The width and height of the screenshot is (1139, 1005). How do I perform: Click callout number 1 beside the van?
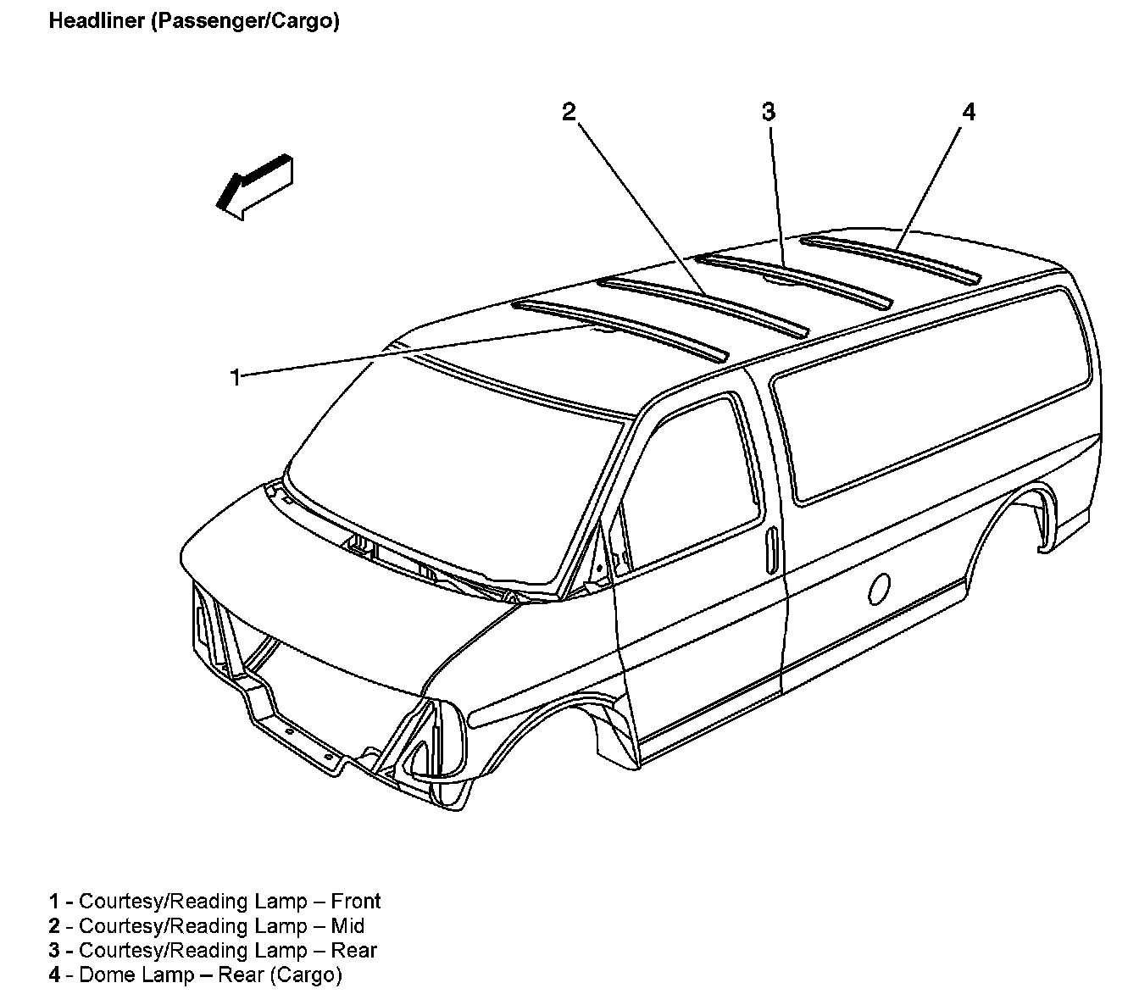[236, 376]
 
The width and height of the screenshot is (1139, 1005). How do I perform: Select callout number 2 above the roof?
[569, 112]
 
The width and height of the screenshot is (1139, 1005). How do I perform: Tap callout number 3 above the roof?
[768, 112]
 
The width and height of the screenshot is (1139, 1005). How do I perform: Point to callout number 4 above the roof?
[968, 112]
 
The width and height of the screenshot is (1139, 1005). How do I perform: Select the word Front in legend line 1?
[355, 901]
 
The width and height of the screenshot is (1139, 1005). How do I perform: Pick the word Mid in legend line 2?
[347, 925]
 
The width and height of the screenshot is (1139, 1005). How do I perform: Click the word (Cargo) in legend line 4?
[306, 974]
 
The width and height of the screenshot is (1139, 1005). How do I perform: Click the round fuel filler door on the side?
[879, 588]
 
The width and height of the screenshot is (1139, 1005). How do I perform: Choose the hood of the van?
[339, 593]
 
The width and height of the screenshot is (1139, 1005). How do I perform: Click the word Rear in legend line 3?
[356, 950]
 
